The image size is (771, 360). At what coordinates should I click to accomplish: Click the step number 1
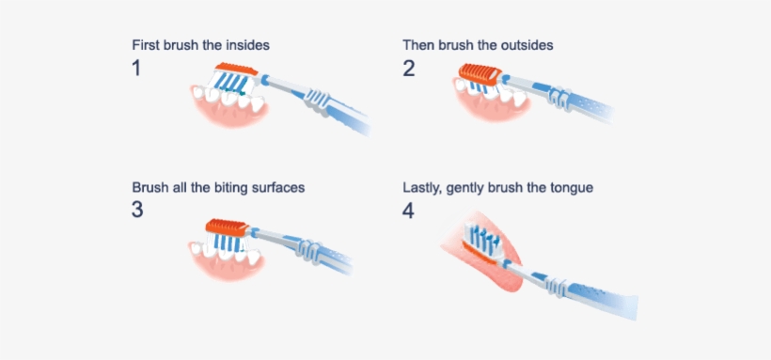[136, 68]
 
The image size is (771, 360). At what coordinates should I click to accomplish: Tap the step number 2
[408, 68]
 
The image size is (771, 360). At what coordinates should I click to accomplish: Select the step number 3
[137, 210]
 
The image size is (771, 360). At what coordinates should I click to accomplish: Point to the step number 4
[408, 210]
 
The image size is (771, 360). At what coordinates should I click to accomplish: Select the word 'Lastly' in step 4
[423, 187]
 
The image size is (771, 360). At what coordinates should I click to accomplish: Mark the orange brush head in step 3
[228, 226]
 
